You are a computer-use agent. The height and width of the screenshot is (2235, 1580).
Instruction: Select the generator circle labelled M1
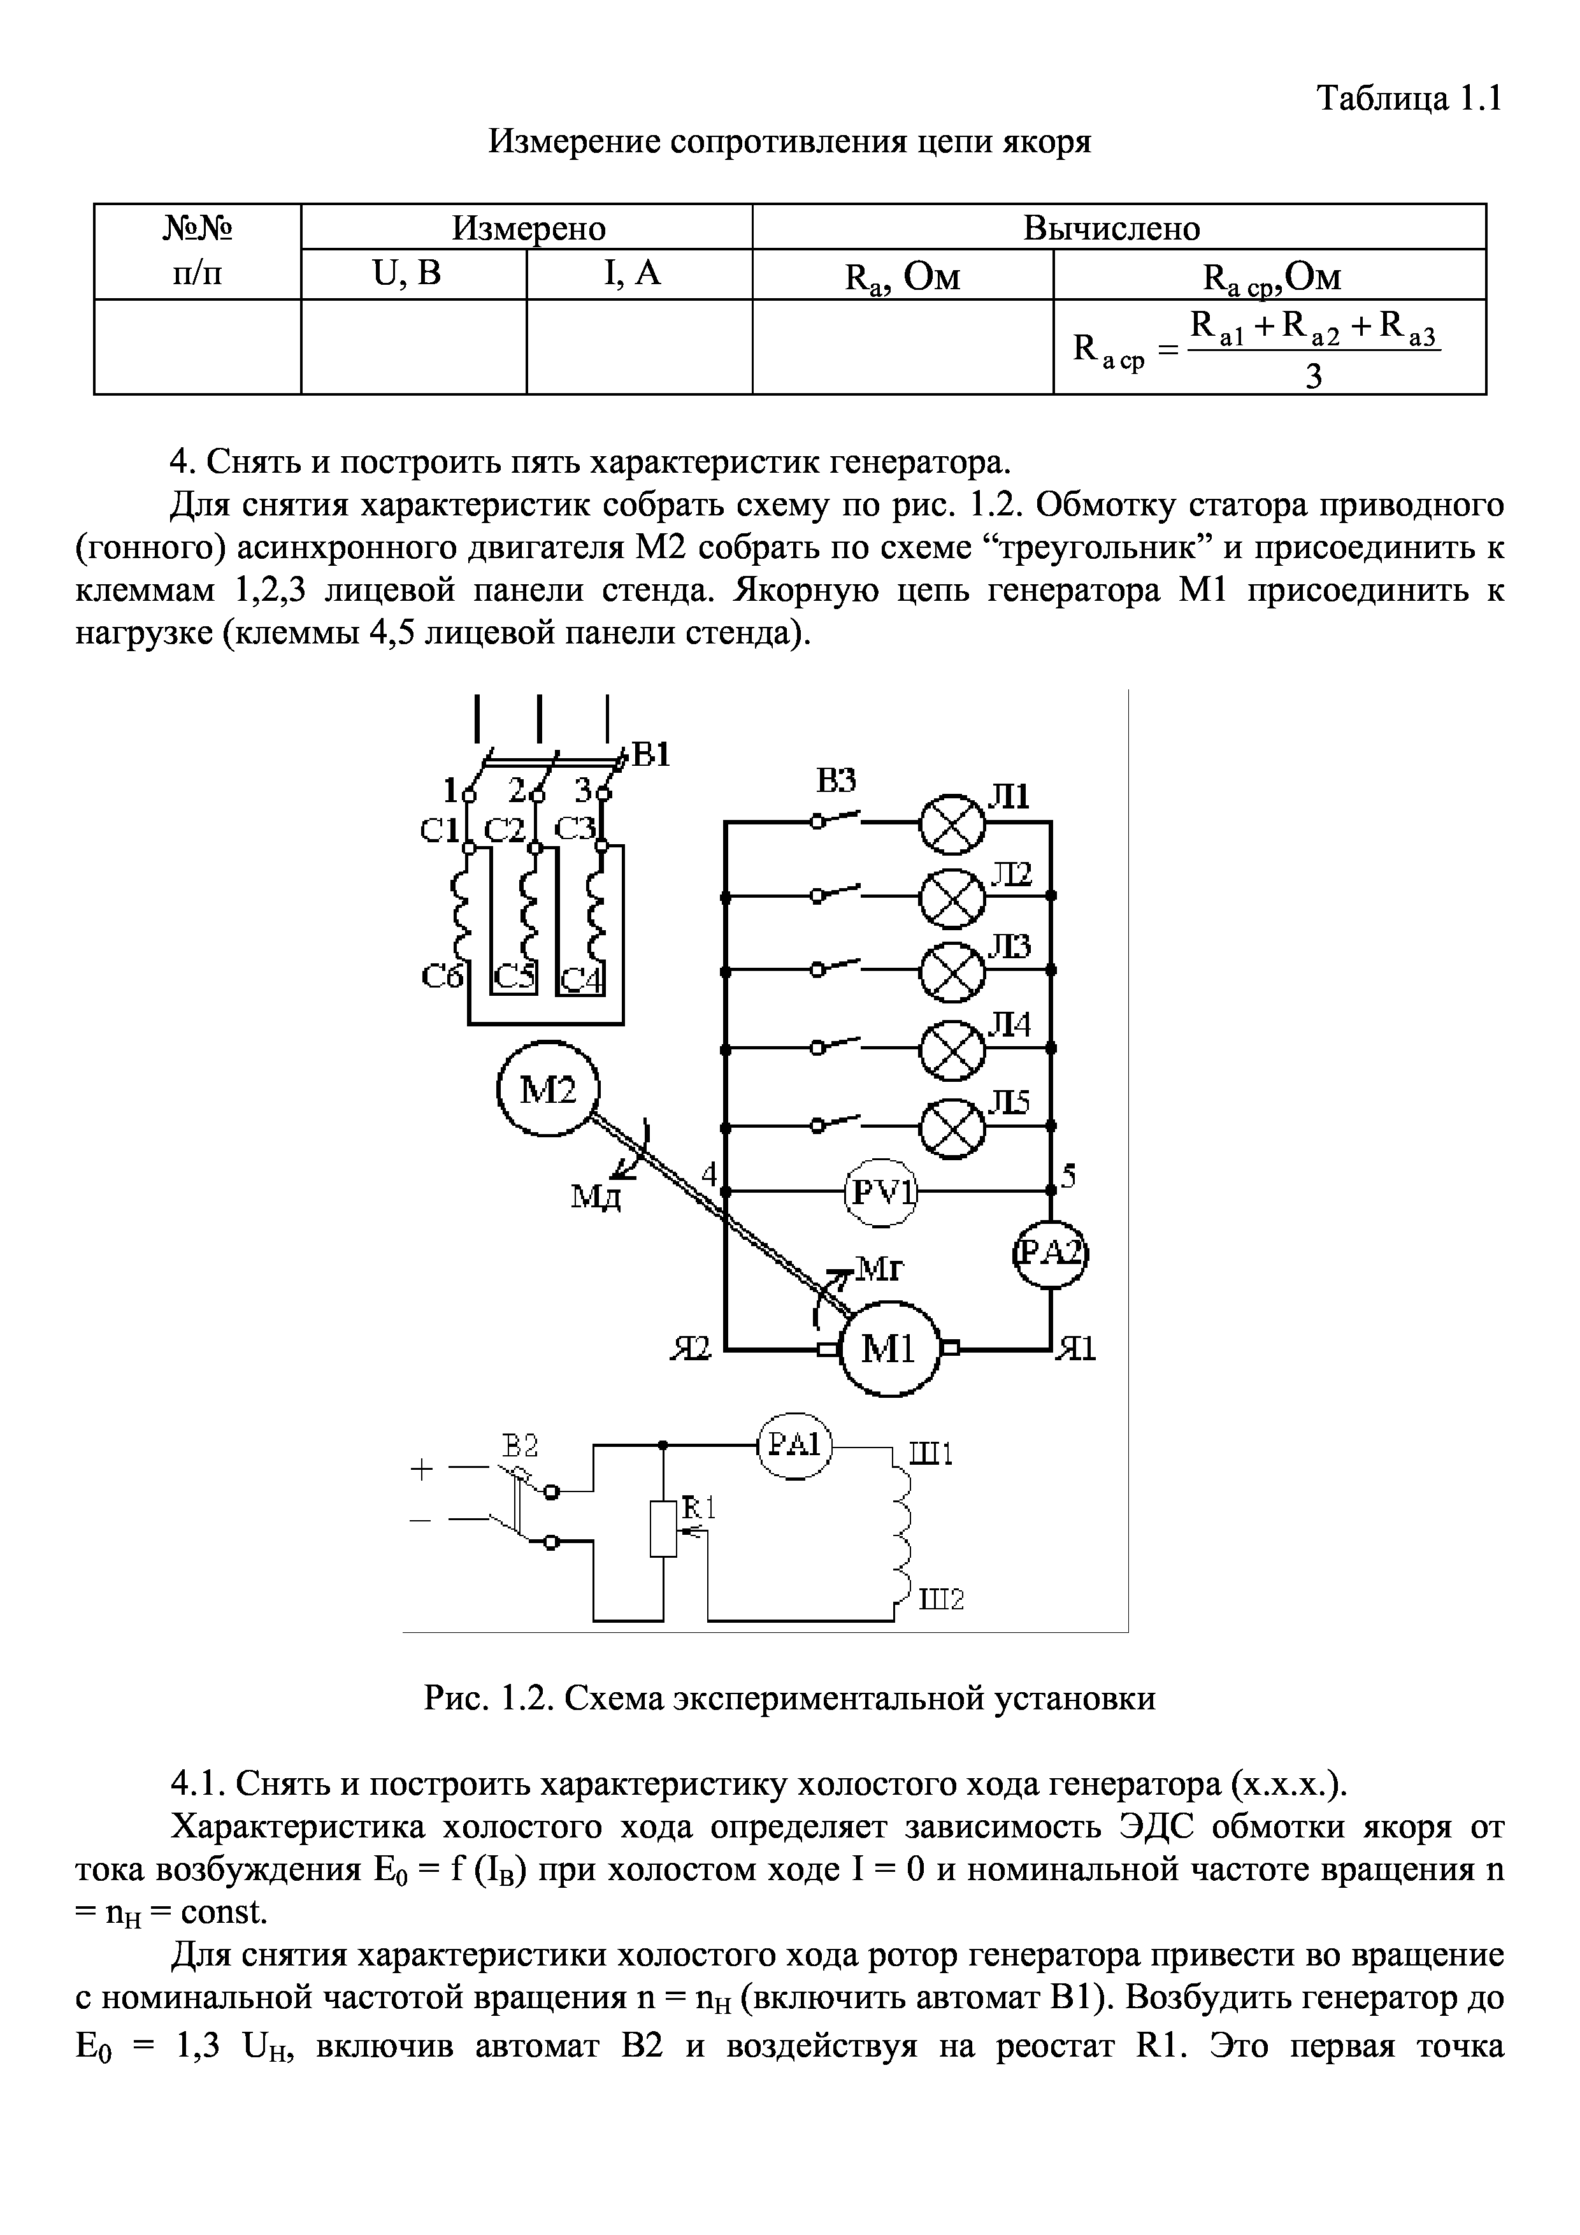tap(889, 1349)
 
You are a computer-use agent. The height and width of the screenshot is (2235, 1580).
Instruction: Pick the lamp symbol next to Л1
tap(952, 823)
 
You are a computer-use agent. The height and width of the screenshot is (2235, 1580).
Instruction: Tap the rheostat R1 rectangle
tap(663, 1529)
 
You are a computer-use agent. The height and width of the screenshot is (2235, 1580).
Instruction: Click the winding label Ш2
tap(942, 1599)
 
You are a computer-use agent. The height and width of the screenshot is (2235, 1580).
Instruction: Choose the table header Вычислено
tap(1112, 228)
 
